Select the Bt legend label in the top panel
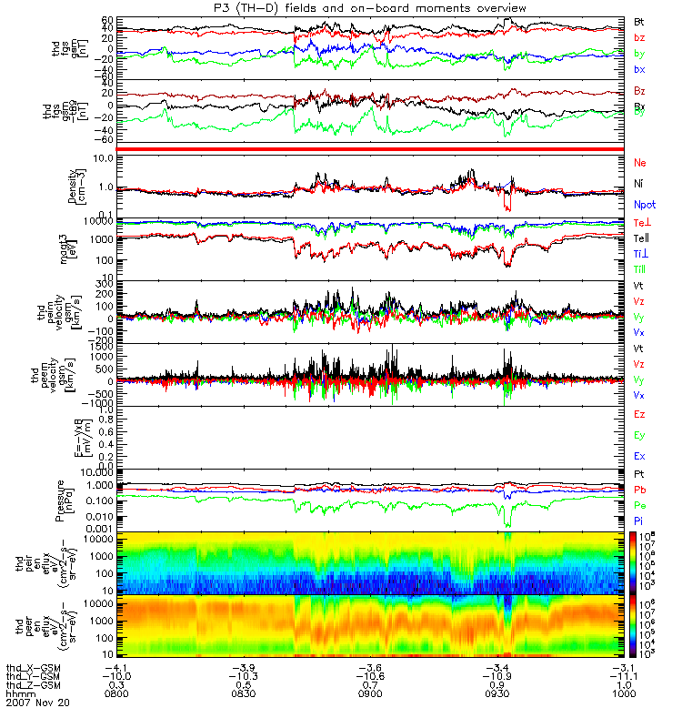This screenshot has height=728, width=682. pos(639,20)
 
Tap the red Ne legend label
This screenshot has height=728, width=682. pos(640,161)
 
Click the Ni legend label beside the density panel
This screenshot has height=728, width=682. pos(639,183)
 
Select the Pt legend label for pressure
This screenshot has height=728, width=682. pos(639,474)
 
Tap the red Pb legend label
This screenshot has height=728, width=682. pos(639,490)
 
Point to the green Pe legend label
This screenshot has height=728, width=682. pos(639,504)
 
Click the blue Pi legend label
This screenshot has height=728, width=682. pos(639,520)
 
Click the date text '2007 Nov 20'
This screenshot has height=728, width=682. pos(37,703)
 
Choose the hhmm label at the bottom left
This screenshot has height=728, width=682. pos(19,693)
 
